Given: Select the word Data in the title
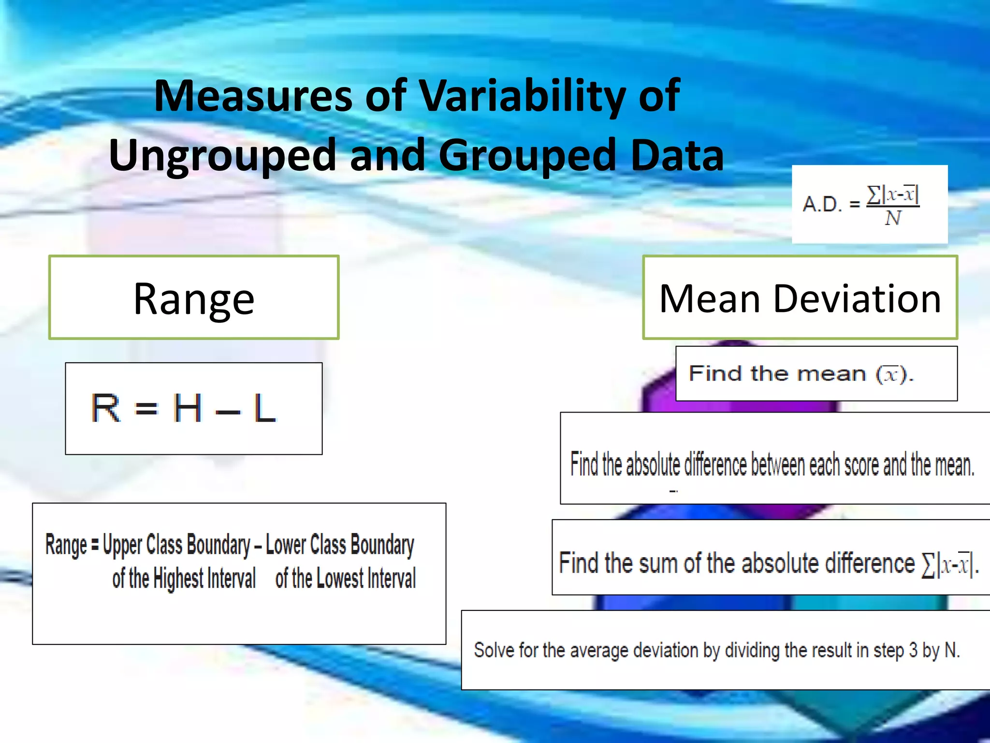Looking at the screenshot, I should tap(677, 155).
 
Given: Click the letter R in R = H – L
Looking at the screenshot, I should tap(105, 408).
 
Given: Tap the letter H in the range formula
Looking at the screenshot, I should tap(187, 408).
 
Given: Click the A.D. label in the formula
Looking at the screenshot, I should tap(822, 204).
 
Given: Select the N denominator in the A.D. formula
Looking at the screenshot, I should tap(892, 219).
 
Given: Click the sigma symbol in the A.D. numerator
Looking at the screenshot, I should tap(874, 194).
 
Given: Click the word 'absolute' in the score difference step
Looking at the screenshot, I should tap(653, 464).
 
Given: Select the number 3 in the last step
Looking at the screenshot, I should tap(913, 650).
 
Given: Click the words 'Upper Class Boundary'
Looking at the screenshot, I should tap(176, 545).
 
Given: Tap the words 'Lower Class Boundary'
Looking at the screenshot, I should tap(340, 545).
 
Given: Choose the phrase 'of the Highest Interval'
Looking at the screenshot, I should tap(184, 579).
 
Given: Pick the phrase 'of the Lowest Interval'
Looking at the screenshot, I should tap(345, 579).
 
